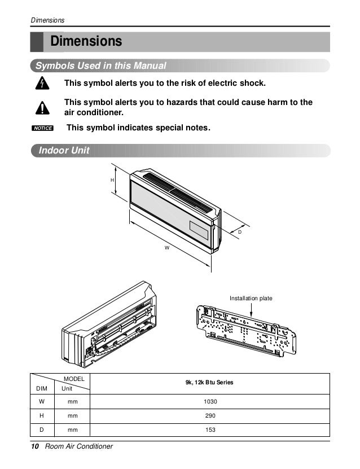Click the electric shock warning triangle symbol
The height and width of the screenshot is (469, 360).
pos(42,84)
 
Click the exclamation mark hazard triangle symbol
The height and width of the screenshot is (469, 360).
pos(42,107)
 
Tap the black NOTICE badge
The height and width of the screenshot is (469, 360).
pos(42,128)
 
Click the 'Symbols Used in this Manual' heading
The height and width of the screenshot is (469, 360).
pos(101,66)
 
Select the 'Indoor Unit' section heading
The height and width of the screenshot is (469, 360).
pos(64,151)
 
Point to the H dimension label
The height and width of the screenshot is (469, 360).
pos(112,179)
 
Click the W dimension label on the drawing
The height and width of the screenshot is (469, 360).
pos(168,247)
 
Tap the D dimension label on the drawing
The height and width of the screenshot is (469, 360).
pos(239,232)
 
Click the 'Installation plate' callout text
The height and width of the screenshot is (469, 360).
pos(251,297)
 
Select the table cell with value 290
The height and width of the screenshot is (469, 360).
pos(209,416)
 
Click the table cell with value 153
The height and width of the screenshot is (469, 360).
pos(209,431)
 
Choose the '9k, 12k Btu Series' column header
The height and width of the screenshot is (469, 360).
pos(209,383)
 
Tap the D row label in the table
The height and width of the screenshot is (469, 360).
pos(41,431)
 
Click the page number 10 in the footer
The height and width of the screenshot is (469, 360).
pos(35,447)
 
